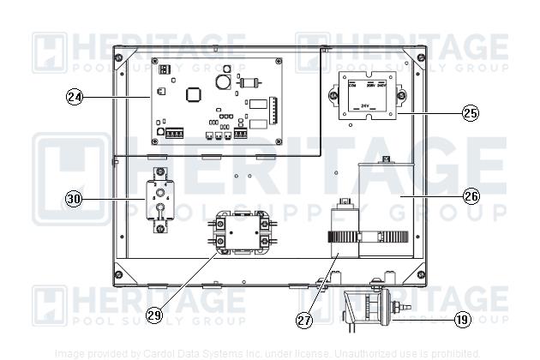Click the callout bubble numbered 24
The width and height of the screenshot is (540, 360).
75,97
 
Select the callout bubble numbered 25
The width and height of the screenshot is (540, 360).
469,112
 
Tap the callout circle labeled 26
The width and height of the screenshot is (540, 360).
471,195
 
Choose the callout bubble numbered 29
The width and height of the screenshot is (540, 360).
154,315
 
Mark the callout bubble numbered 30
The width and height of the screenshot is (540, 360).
75,199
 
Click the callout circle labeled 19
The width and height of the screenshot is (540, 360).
462,320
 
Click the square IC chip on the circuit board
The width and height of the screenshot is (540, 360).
193,93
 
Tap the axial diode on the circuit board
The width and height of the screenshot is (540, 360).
250,82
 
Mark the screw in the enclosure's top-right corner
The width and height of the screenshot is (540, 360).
419,57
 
